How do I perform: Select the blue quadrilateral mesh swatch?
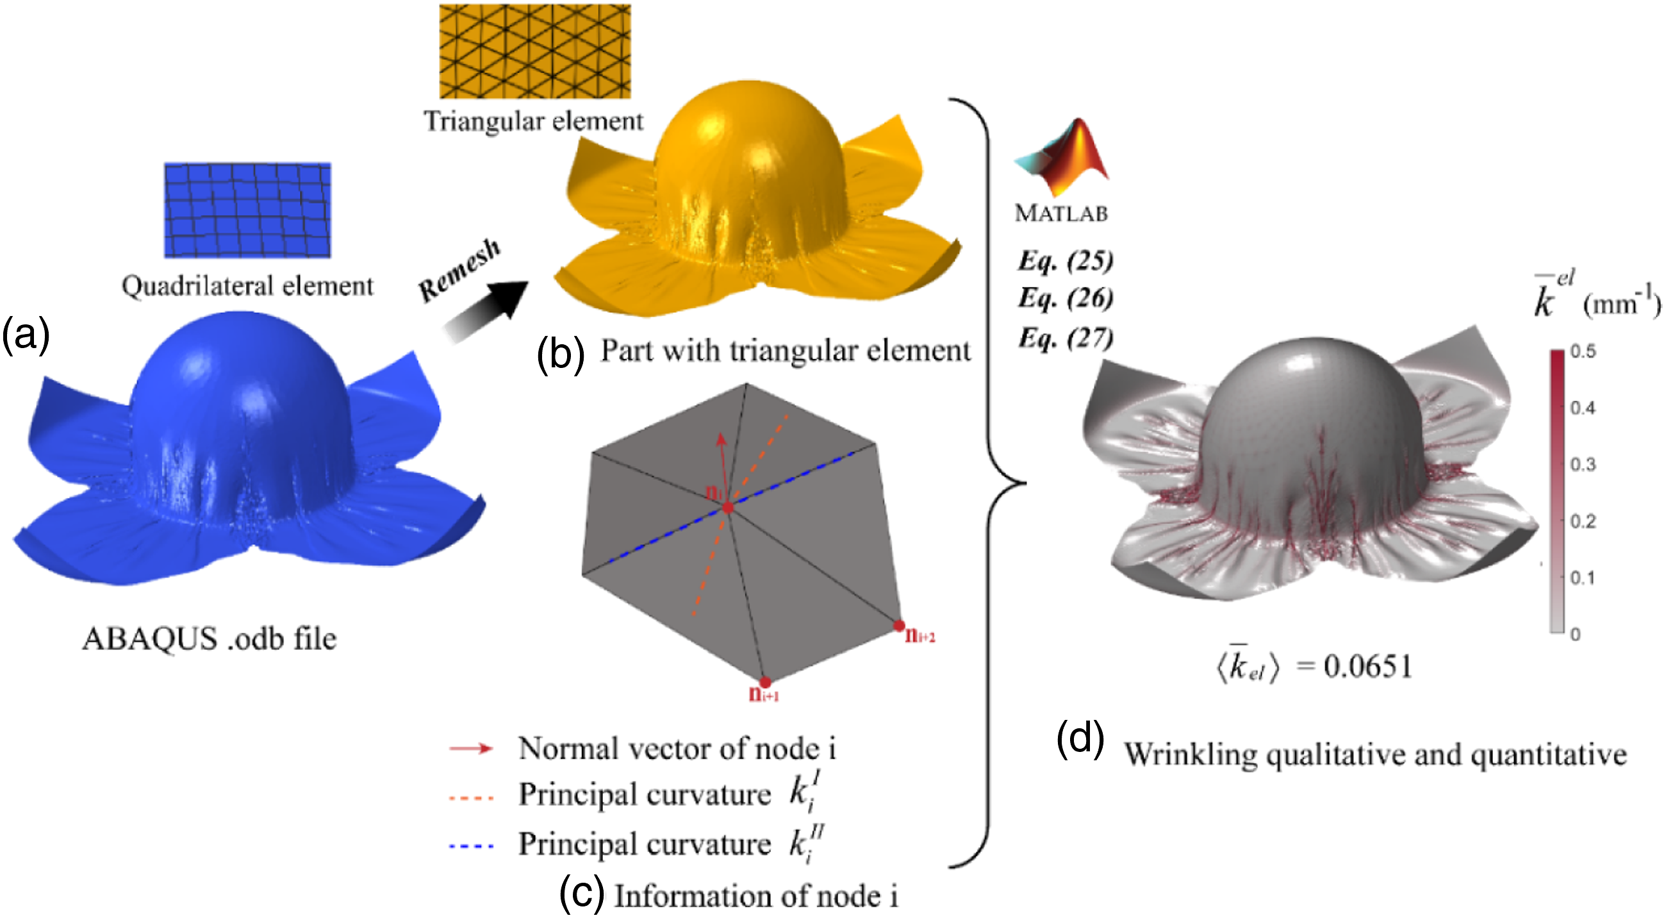[x=247, y=210]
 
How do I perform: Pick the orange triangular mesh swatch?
[x=535, y=51]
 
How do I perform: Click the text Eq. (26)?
[x=1065, y=298]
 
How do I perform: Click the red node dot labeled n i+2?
[x=899, y=626]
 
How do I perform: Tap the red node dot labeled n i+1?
[x=765, y=683]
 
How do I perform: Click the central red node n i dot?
[x=728, y=508]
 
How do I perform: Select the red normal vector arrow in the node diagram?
[x=723, y=470]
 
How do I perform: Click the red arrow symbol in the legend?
[x=471, y=749]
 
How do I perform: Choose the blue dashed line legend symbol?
[x=471, y=846]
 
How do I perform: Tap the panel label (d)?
[x=1080, y=738]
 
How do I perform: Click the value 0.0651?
[x=1367, y=666]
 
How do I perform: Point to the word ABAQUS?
[x=150, y=639]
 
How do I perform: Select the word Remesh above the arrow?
[x=460, y=270]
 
